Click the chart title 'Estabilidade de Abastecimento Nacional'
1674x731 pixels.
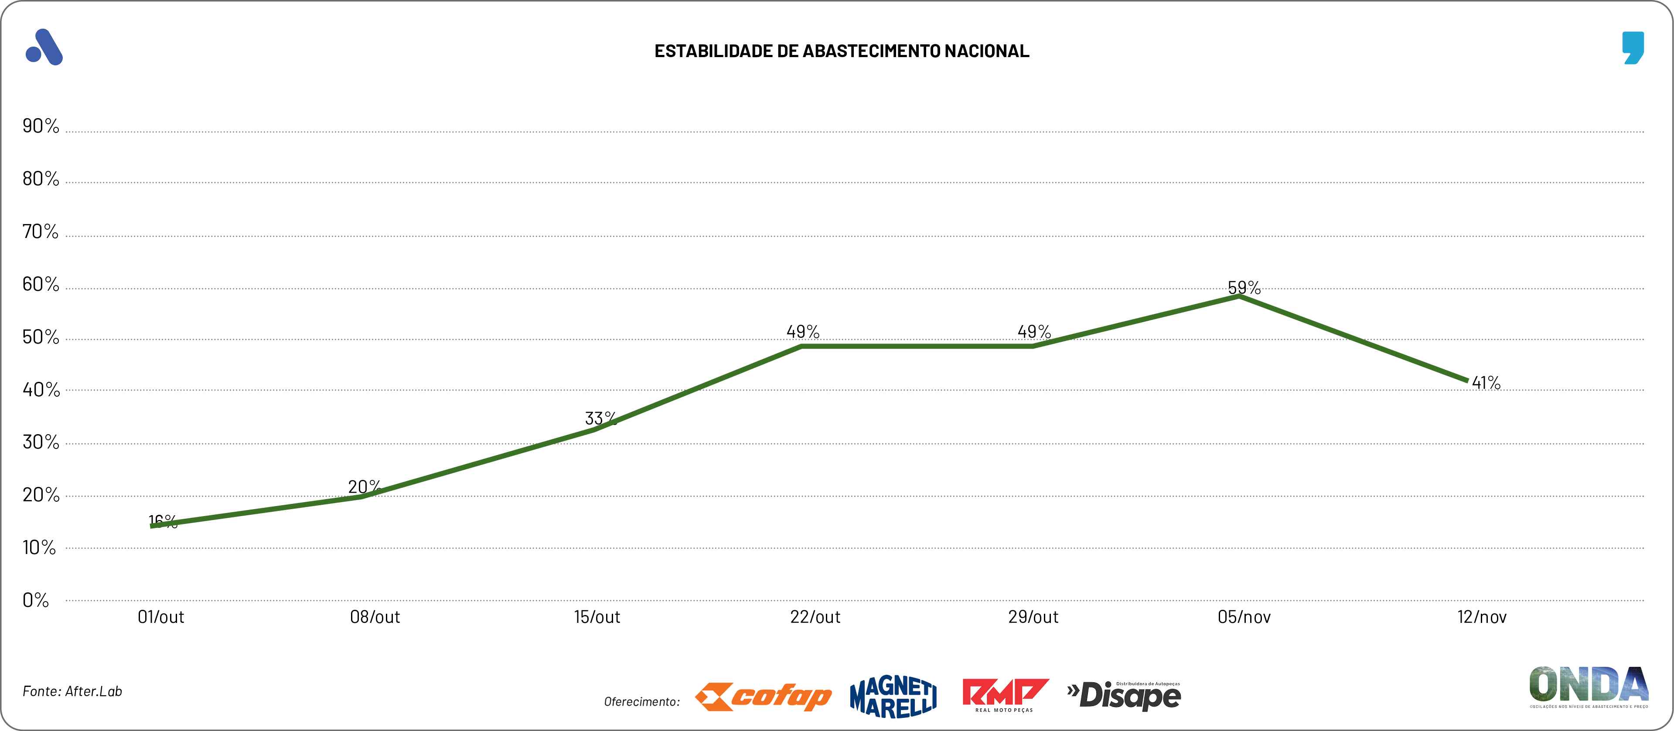(x=842, y=51)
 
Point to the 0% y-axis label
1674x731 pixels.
(x=36, y=600)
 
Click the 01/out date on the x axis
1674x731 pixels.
(x=160, y=617)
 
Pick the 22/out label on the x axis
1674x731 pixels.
(x=815, y=617)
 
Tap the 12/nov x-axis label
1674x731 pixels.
(x=1482, y=617)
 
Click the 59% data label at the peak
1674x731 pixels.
(x=1244, y=287)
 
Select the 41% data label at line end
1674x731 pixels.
(x=1486, y=383)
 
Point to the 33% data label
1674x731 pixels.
(x=600, y=418)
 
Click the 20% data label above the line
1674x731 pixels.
(x=364, y=486)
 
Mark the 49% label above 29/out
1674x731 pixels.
(x=1034, y=331)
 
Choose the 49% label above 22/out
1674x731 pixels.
(x=803, y=331)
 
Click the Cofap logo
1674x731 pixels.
(x=763, y=697)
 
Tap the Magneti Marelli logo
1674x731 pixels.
(x=893, y=697)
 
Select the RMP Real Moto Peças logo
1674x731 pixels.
(x=1004, y=695)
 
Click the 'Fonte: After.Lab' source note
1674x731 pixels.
(x=72, y=691)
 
